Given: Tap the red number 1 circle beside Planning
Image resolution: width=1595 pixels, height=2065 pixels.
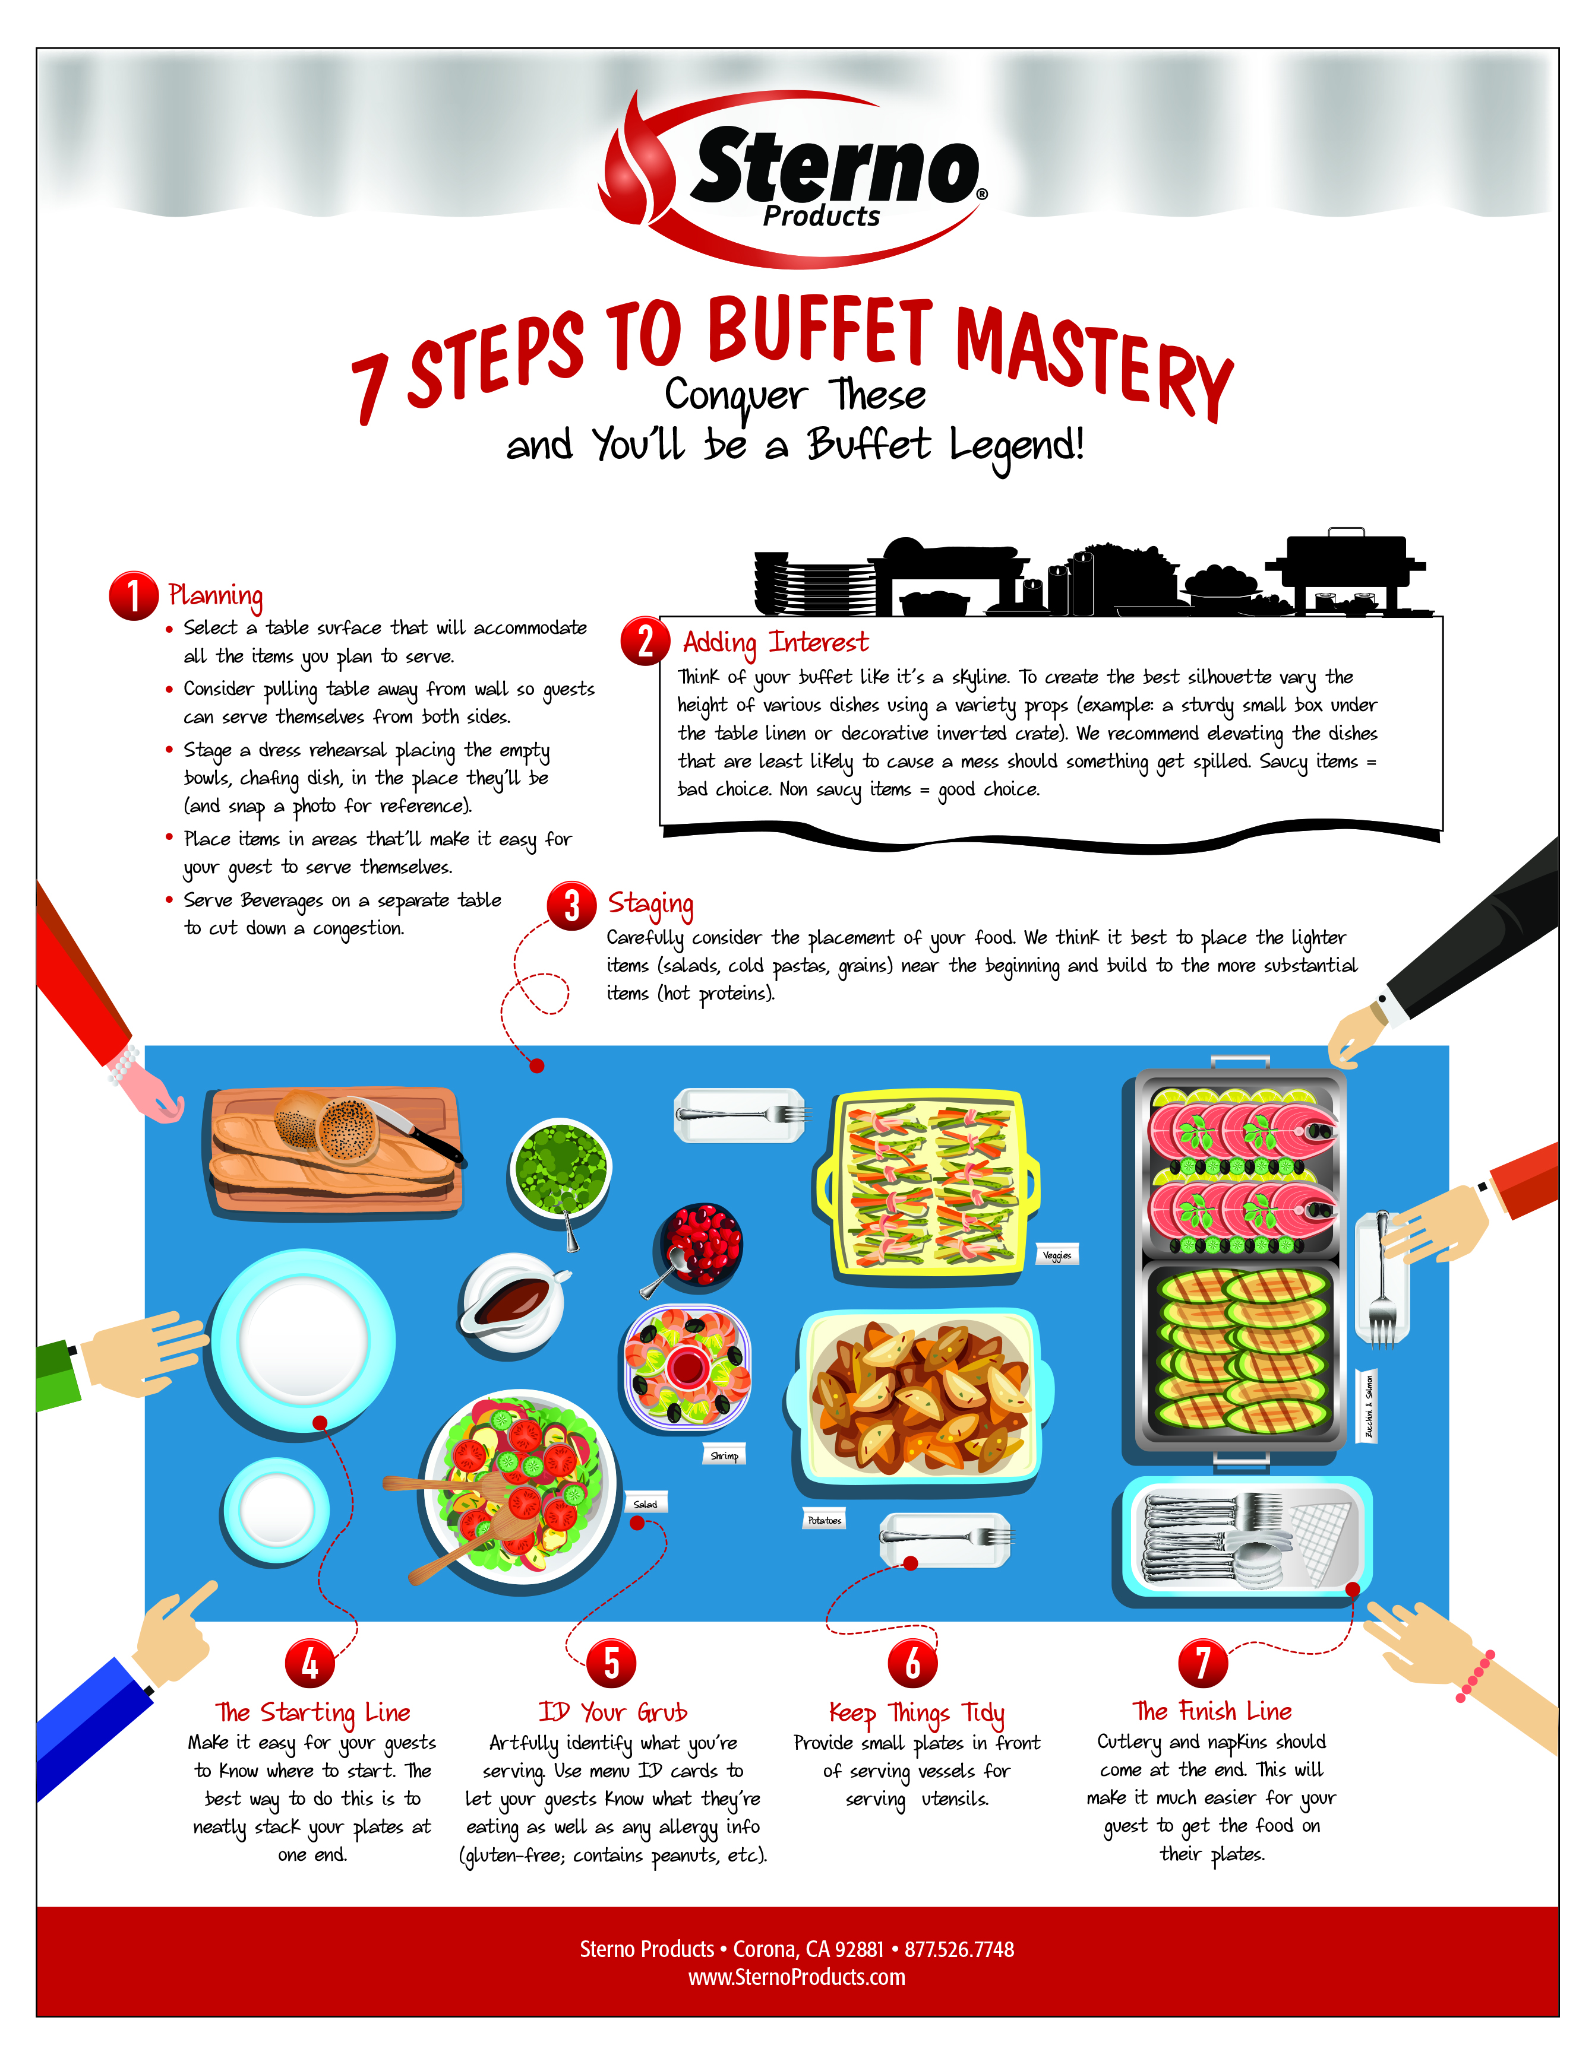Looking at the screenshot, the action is tap(134, 596).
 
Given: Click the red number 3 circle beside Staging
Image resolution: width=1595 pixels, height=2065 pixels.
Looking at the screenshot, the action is tap(571, 906).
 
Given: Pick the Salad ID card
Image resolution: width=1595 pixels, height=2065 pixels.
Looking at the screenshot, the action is tap(645, 1503).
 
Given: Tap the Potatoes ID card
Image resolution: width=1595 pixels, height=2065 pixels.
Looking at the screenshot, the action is tap(824, 1520).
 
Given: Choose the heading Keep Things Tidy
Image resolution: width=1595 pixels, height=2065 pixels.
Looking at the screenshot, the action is tap(917, 1713).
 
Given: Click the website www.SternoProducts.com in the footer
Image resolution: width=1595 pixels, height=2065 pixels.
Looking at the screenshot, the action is tap(797, 1977).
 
